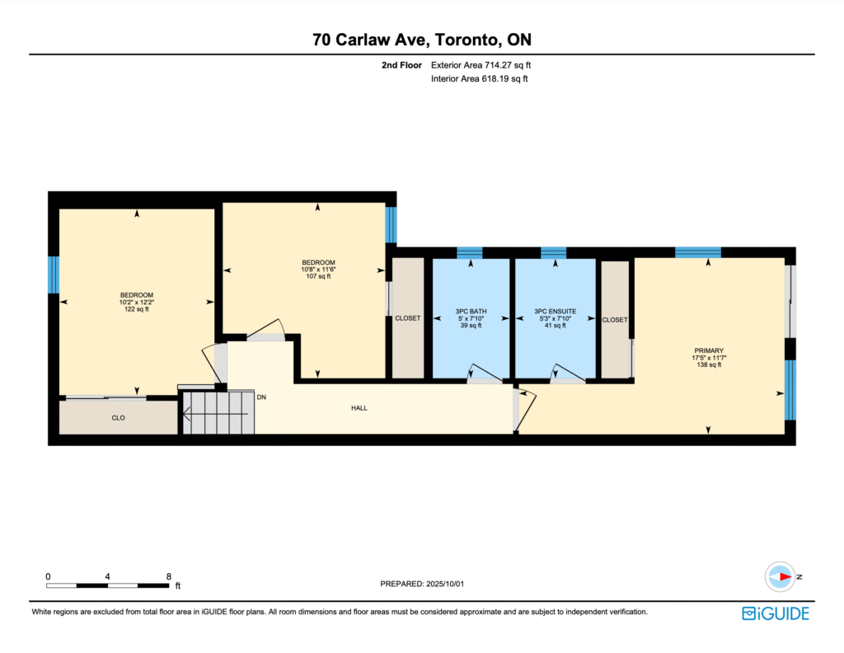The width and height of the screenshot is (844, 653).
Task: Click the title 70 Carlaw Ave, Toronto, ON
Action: (x=422, y=40)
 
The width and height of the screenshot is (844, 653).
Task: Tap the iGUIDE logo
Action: (x=775, y=613)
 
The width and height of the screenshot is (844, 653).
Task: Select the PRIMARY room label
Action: (x=709, y=350)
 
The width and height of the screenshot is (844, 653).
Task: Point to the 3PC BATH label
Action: (x=471, y=311)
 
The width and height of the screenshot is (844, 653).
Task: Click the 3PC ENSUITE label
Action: (x=555, y=311)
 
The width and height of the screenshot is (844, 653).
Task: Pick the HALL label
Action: (x=359, y=408)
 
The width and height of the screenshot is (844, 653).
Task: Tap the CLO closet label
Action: (x=119, y=418)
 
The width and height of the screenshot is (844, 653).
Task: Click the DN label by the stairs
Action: (x=261, y=397)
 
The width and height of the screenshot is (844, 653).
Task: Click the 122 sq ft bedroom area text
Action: (x=137, y=309)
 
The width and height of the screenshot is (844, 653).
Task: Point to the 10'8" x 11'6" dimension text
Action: (x=318, y=269)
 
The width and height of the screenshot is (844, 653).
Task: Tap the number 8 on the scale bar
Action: (x=168, y=576)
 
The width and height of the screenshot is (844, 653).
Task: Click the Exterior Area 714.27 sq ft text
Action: (x=481, y=65)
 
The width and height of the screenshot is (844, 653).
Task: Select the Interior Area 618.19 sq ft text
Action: (x=479, y=78)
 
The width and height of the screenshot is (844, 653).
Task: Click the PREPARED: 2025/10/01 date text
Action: (x=422, y=584)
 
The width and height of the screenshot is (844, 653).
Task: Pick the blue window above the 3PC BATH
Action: (x=470, y=253)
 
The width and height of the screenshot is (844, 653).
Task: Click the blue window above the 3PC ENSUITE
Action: (x=553, y=253)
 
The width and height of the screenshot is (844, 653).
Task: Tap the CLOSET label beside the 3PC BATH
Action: (x=408, y=318)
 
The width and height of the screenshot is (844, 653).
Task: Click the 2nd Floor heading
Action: (x=401, y=65)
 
